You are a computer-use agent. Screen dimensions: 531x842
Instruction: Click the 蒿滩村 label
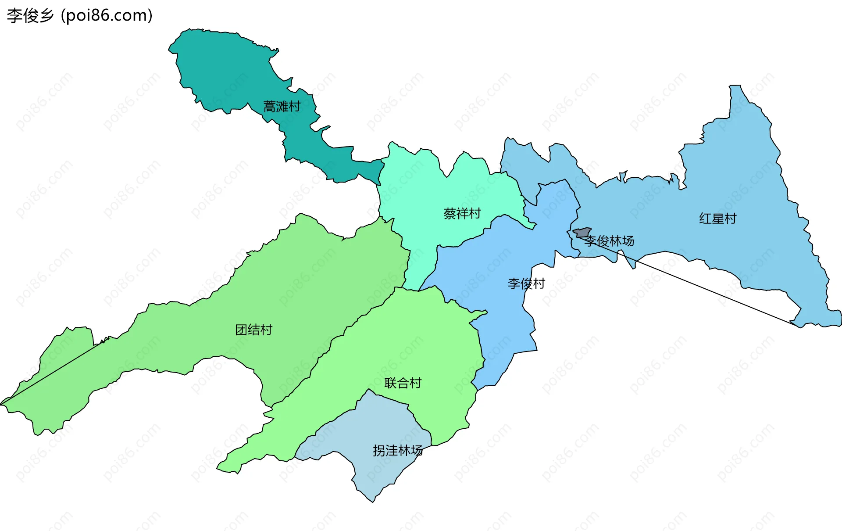point(282,107)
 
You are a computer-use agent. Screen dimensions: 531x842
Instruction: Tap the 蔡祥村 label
point(462,214)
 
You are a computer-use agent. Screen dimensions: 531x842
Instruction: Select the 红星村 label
point(717,219)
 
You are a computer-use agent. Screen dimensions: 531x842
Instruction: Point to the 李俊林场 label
point(609,241)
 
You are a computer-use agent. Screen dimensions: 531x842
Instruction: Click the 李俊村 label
point(526,283)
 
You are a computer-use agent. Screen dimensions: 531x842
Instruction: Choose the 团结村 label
point(253,330)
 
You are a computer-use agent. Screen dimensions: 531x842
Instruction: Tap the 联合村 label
point(403,383)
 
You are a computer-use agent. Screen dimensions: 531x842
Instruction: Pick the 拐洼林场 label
point(397,451)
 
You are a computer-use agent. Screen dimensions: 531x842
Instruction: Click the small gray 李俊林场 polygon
point(583,232)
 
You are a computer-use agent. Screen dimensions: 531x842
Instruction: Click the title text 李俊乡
point(30,16)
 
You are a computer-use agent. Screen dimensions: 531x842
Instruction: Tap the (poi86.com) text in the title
point(107,16)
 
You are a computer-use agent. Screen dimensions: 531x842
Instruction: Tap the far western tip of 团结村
point(2,403)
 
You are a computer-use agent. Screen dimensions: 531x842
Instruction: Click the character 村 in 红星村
point(730,219)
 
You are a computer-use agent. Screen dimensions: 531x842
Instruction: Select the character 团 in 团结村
point(241,330)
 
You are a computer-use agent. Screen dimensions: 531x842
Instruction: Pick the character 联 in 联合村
point(390,383)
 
